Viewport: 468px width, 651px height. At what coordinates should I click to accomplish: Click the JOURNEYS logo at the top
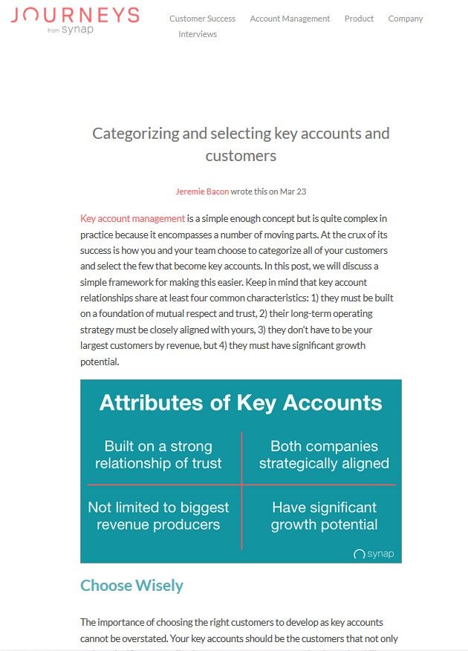pyautogui.click(x=75, y=16)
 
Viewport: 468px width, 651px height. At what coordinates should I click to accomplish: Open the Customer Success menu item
pyautogui.click(x=202, y=19)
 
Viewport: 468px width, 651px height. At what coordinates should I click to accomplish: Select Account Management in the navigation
pyautogui.click(x=290, y=19)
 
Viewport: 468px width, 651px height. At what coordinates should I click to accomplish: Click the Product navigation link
pyautogui.click(x=359, y=19)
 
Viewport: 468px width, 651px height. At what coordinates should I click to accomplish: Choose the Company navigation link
pyautogui.click(x=406, y=19)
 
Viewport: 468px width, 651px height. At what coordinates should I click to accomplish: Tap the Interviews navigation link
pyautogui.click(x=198, y=34)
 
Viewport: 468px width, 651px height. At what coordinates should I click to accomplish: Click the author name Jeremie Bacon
pyautogui.click(x=202, y=192)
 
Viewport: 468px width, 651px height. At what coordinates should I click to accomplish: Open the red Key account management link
pyautogui.click(x=132, y=218)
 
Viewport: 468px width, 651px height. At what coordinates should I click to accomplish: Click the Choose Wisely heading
pyautogui.click(x=131, y=586)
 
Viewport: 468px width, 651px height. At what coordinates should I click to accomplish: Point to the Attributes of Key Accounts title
pyautogui.click(x=241, y=403)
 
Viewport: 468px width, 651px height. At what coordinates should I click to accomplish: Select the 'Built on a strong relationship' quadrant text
pyautogui.click(x=158, y=455)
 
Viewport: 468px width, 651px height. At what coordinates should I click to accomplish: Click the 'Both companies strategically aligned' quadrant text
pyautogui.click(x=324, y=455)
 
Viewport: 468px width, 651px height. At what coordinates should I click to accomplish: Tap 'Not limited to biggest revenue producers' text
pyautogui.click(x=158, y=516)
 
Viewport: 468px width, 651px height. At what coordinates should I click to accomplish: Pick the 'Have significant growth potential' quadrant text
pyautogui.click(x=324, y=516)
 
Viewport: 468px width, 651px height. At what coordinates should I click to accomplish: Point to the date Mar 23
pyautogui.click(x=293, y=192)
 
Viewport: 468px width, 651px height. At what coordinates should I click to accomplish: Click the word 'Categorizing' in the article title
pyautogui.click(x=135, y=134)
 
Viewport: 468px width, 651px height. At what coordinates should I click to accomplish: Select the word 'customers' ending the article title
pyautogui.click(x=241, y=156)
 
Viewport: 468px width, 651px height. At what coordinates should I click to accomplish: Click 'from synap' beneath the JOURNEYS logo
pyautogui.click(x=71, y=30)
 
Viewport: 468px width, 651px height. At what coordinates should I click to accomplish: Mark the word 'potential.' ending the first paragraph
pyautogui.click(x=100, y=362)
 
